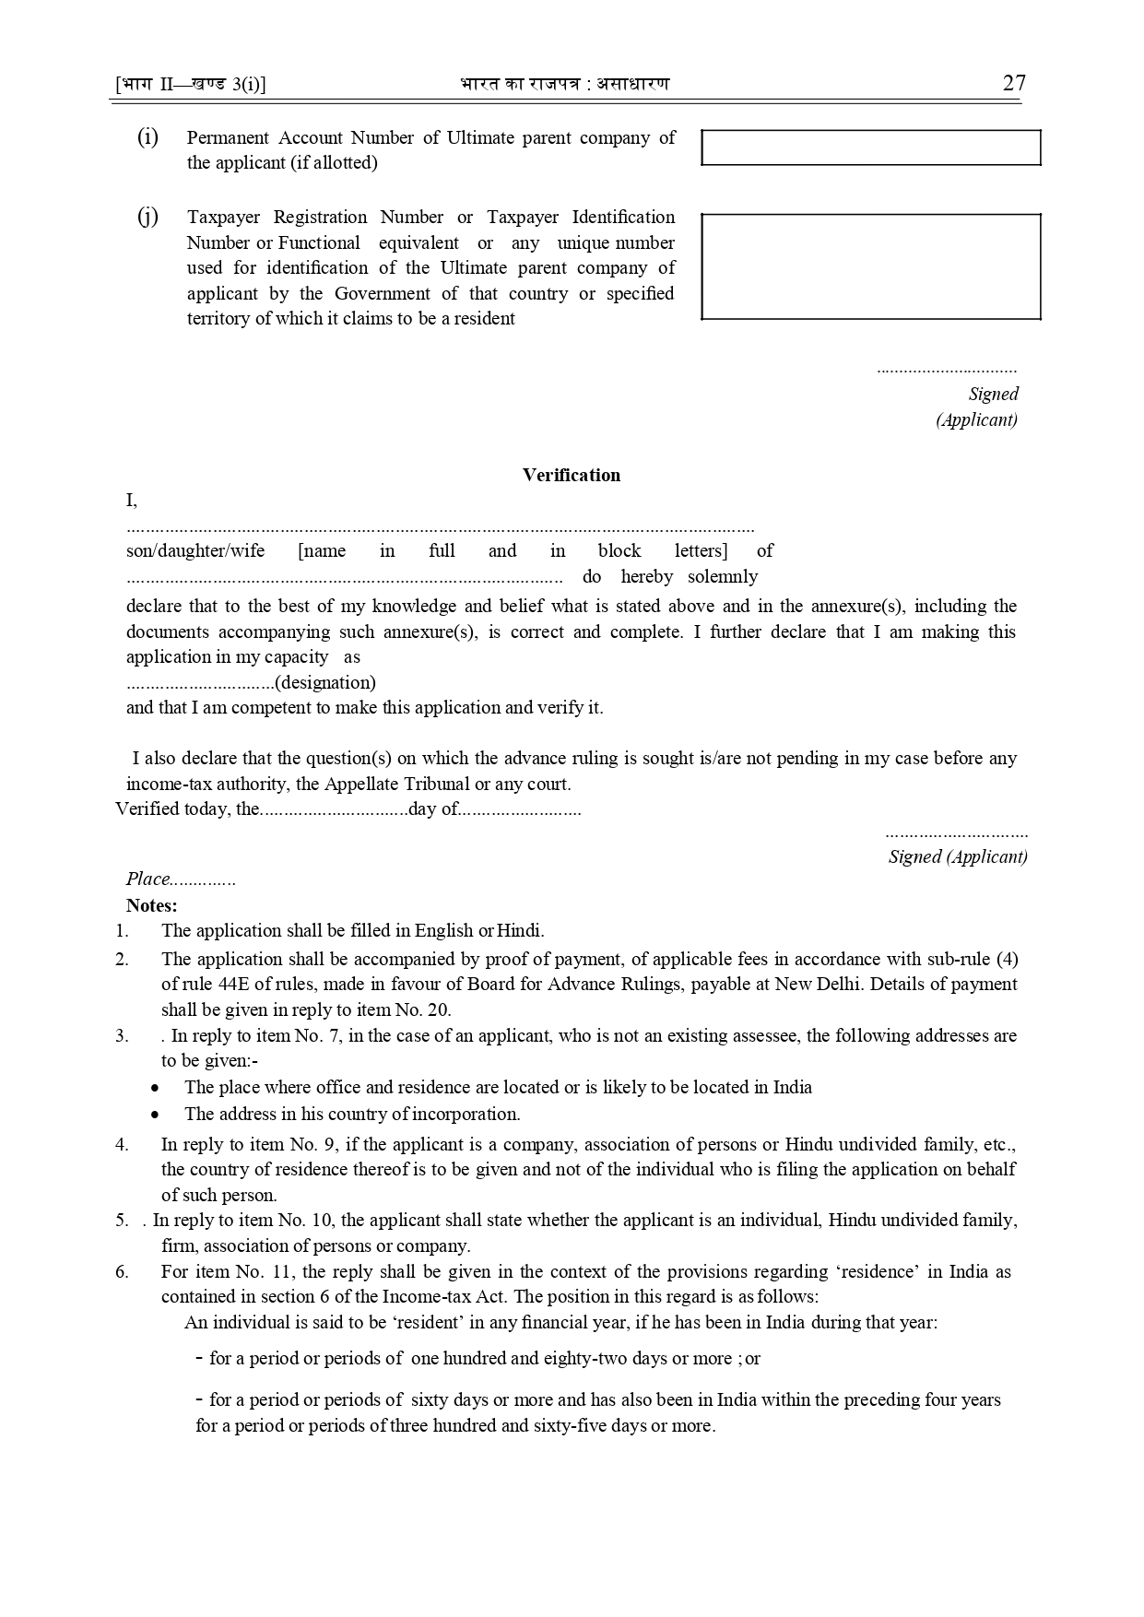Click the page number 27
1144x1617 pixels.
pyautogui.click(x=1013, y=83)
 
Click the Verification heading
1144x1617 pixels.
pyautogui.click(x=572, y=475)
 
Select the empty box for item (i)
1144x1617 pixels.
pyautogui.click(x=870, y=148)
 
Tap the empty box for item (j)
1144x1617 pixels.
pyautogui.click(x=870, y=266)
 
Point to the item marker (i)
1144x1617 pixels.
pyautogui.click(x=147, y=137)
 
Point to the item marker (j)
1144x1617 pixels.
pyautogui.click(x=147, y=217)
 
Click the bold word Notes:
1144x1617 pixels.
pyautogui.click(x=152, y=905)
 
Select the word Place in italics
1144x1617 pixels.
pyautogui.click(x=148, y=879)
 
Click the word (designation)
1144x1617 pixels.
pyautogui.click(x=325, y=683)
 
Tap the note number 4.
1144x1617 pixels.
pyautogui.click(x=122, y=1144)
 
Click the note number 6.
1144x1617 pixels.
pyautogui.click(x=122, y=1271)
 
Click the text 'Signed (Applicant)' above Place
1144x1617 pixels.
pyautogui.click(x=957, y=856)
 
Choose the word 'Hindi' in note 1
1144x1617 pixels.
pyautogui.click(x=520, y=930)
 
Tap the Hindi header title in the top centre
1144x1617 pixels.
pyautogui.click(x=564, y=84)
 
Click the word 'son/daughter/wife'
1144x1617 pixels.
pyautogui.click(x=195, y=551)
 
